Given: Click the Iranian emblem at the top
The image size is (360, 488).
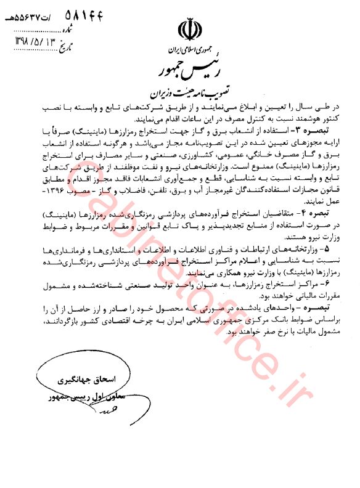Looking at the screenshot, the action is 189,30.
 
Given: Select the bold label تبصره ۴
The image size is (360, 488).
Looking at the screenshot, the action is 313,212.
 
